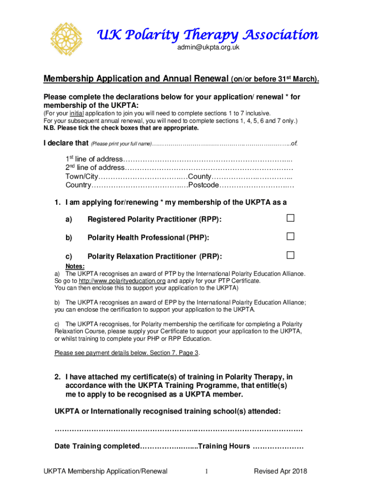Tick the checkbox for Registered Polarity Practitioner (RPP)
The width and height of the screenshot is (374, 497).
point(290,219)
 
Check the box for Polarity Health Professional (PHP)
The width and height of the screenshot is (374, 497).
point(290,237)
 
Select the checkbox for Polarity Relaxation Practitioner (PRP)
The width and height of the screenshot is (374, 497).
point(290,255)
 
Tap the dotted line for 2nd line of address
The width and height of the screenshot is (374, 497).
point(209,168)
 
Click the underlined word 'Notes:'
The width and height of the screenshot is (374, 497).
point(75,266)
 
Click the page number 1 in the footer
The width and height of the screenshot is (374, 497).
point(206,471)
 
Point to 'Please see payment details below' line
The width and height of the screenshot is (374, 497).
point(127,353)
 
